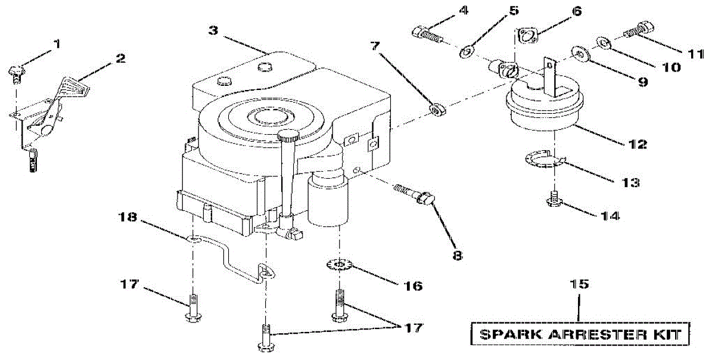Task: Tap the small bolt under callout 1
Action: [17, 73]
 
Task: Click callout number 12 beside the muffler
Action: [633, 144]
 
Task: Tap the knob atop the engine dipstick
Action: [288, 136]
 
